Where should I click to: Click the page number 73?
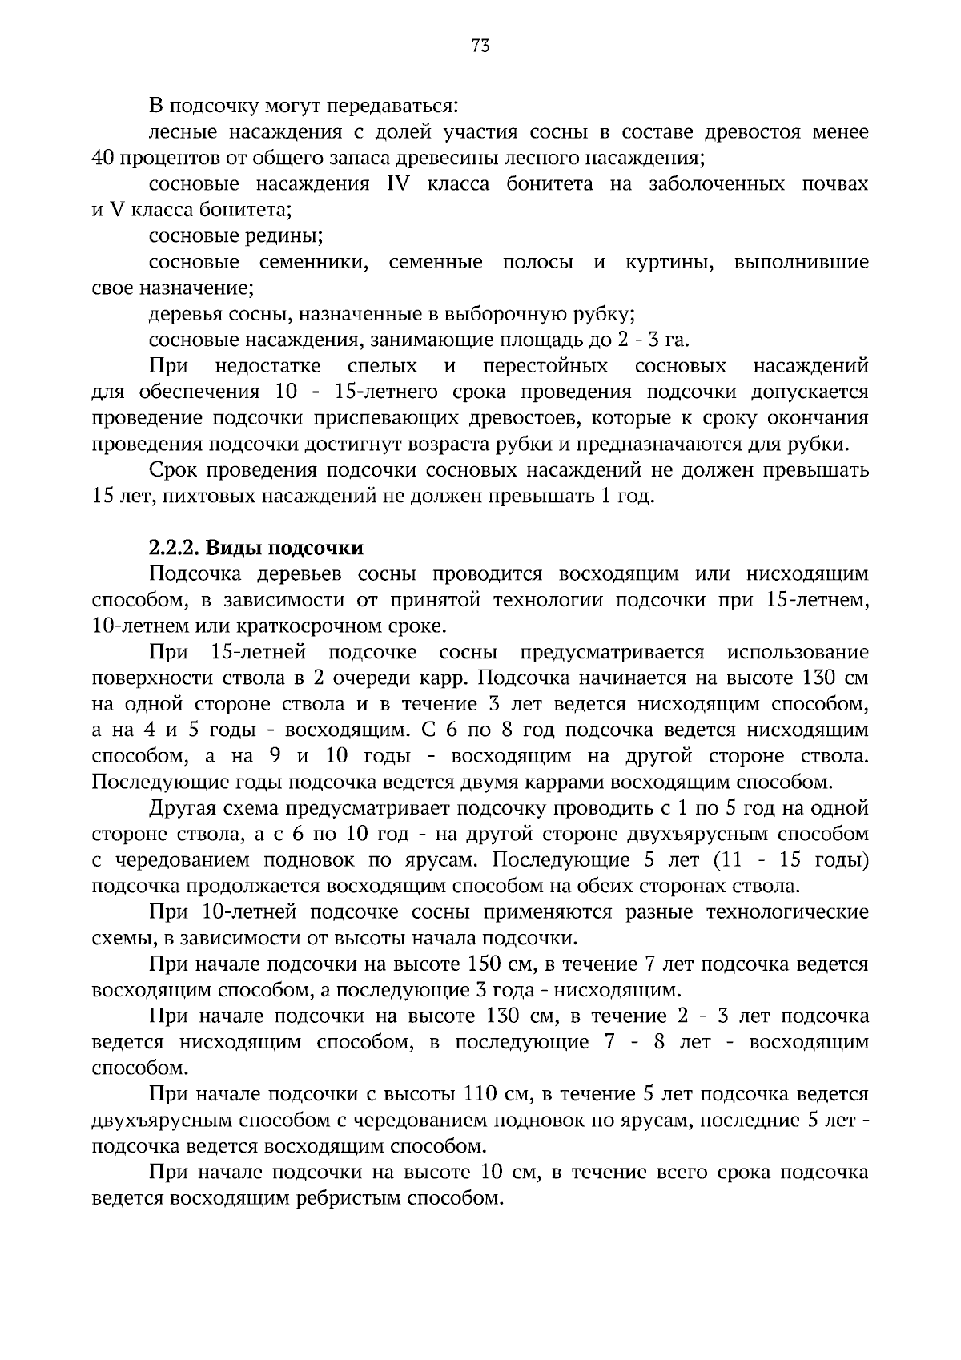480,46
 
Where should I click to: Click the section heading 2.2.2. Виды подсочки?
256,549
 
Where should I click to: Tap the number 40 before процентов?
103,158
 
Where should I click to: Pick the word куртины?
669,263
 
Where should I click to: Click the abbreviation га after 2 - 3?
676,340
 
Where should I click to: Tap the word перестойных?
545,366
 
